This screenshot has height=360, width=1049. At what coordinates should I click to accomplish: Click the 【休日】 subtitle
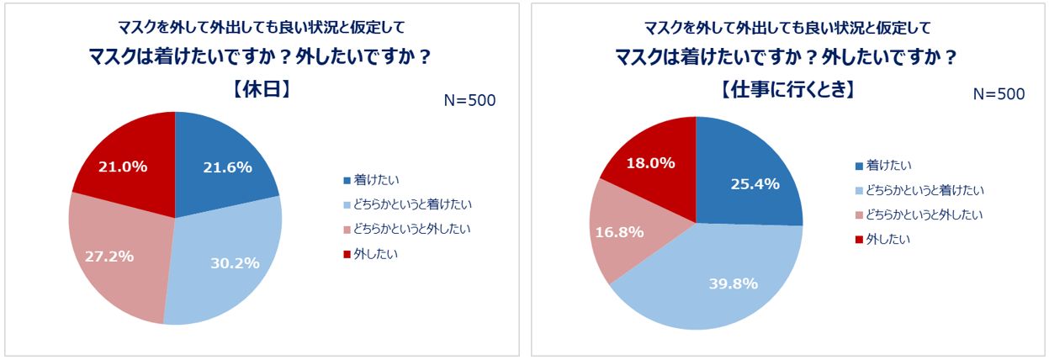[261, 90]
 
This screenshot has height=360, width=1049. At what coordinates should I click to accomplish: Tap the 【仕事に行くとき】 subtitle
[787, 90]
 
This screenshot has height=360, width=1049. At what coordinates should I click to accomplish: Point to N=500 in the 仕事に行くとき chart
[998, 94]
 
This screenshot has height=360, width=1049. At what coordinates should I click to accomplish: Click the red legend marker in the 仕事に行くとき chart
[858, 240]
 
